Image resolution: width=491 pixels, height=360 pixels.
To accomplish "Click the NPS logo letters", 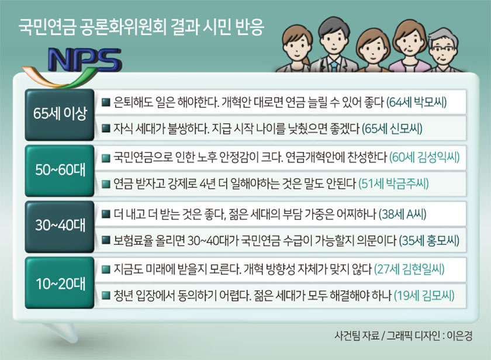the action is [x=84, y=60].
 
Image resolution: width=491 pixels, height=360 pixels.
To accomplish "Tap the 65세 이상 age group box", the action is [x=60, y=115].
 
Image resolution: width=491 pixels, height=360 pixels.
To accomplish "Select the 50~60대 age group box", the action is [x=60, y=171].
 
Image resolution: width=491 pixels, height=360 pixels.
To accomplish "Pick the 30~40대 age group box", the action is [x=60, y=227].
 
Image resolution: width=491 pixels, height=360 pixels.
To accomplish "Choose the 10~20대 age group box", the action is [x=60, y=283].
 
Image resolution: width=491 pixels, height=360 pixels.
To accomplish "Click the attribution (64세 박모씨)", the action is [x=416, y=102].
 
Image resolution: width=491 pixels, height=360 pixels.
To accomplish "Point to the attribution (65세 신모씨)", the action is [x=392, y=129].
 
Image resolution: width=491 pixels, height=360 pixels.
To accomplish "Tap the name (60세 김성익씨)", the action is [x=424, y=157].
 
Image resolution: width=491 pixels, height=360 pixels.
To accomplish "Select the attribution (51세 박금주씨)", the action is [x=393, y=184].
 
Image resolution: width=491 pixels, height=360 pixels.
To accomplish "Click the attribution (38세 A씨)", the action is [x=402, y=214].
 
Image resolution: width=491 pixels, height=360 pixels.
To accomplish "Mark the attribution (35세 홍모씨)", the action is [x=429, y=241].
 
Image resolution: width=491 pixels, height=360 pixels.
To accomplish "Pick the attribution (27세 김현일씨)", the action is [x=409, y=269].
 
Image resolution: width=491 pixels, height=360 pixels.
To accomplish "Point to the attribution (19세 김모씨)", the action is [x=424, y=296].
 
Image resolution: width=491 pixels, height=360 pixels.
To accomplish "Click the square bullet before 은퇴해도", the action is [x=106, y=102].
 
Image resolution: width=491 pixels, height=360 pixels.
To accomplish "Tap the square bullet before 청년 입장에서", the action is [x=106, y=296].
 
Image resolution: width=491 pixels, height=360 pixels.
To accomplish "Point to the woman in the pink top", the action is [x=409, y=47].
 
